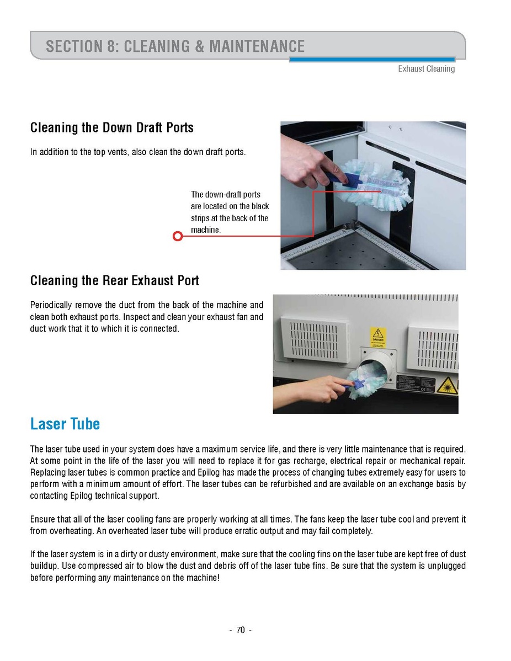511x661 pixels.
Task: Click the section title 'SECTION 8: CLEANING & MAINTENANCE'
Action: pos(175,46)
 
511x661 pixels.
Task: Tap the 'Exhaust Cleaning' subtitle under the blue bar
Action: pos(426,69)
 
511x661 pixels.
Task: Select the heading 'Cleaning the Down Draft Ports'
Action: pos(112,128)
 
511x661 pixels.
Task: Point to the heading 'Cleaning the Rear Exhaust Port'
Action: pos(115,281)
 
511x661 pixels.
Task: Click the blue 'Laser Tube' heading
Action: pos(65,424)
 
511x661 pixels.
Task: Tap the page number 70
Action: pos(240,630)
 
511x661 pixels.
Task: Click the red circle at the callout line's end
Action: pos(178,236)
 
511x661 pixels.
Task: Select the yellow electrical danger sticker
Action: pos(378,337)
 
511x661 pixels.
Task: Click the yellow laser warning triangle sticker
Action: pos(447,385)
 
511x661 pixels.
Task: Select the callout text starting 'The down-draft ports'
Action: pos(230,212)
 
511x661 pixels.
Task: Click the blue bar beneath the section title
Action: pos(372,60)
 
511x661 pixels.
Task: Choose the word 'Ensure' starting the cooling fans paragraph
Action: pos(42,520)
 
